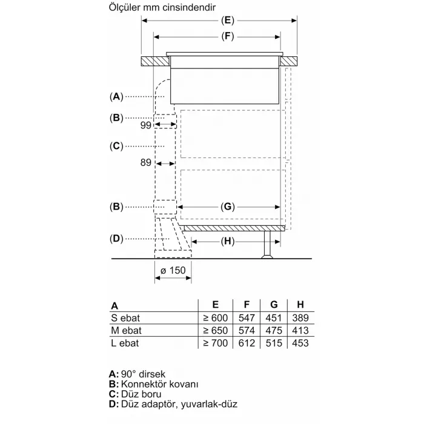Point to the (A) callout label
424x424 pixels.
pos(116,96)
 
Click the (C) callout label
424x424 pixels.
pos(116,146)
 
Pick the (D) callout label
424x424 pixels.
pos(116,239)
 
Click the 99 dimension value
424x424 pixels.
pos(145,125)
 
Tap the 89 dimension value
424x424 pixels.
pos(145,163)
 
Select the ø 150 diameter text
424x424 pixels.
pos(173,271)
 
